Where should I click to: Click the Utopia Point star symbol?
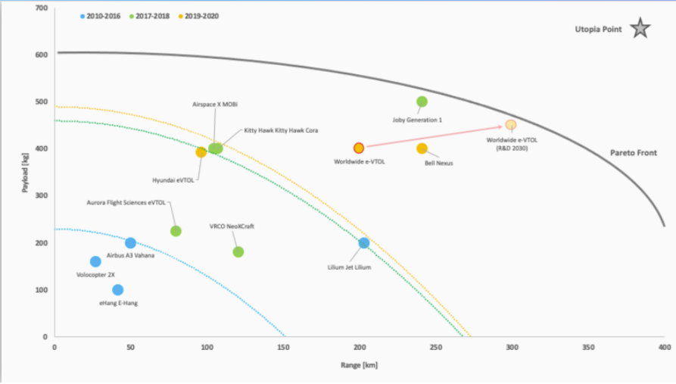click(x=640, y=30)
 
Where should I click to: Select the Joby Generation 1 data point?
click(x=422, y=101)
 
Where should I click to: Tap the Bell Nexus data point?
click(x=422, y=148)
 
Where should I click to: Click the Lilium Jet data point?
click(x=364, y=243)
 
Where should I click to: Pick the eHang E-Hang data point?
click(x=117, y=290)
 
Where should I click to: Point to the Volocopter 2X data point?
click(x=95, y=261)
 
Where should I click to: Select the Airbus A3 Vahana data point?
click(x=130, y=243)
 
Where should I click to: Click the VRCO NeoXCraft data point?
click(x=238, y=252)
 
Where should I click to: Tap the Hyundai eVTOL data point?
click(x=201, y=152)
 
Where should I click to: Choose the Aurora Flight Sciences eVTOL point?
click(x=176, y=231)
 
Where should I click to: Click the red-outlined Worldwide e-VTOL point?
click(x=359, y=148)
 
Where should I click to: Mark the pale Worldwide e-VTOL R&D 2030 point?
click(x=511, y=124)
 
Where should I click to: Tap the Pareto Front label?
click(x=634, y=153)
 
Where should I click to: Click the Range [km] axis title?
click(x=359, y=365)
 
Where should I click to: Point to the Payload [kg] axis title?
click(x=25, y=173)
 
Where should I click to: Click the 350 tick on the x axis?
click(x=587, y=348)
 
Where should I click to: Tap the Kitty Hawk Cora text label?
click(x=280, y=130)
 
